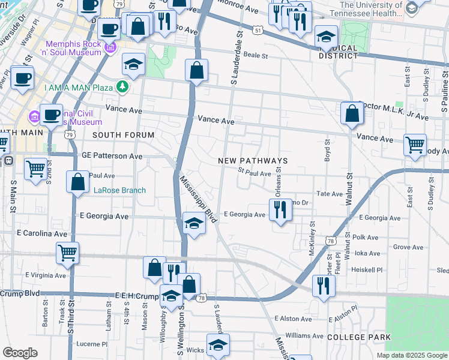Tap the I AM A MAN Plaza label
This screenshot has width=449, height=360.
tap(79, 88)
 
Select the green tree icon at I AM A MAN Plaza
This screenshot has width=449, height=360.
tap(122, 88)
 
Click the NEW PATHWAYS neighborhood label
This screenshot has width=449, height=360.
tap(253, 161)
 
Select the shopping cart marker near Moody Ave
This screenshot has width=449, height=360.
tap(415, 146)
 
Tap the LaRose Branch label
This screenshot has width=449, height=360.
tap(119, 191)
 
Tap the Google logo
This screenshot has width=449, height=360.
tap(20, 353)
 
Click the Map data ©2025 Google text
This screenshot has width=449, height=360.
tap(411, 355)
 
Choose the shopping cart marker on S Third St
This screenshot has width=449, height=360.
tap(67, 253)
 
